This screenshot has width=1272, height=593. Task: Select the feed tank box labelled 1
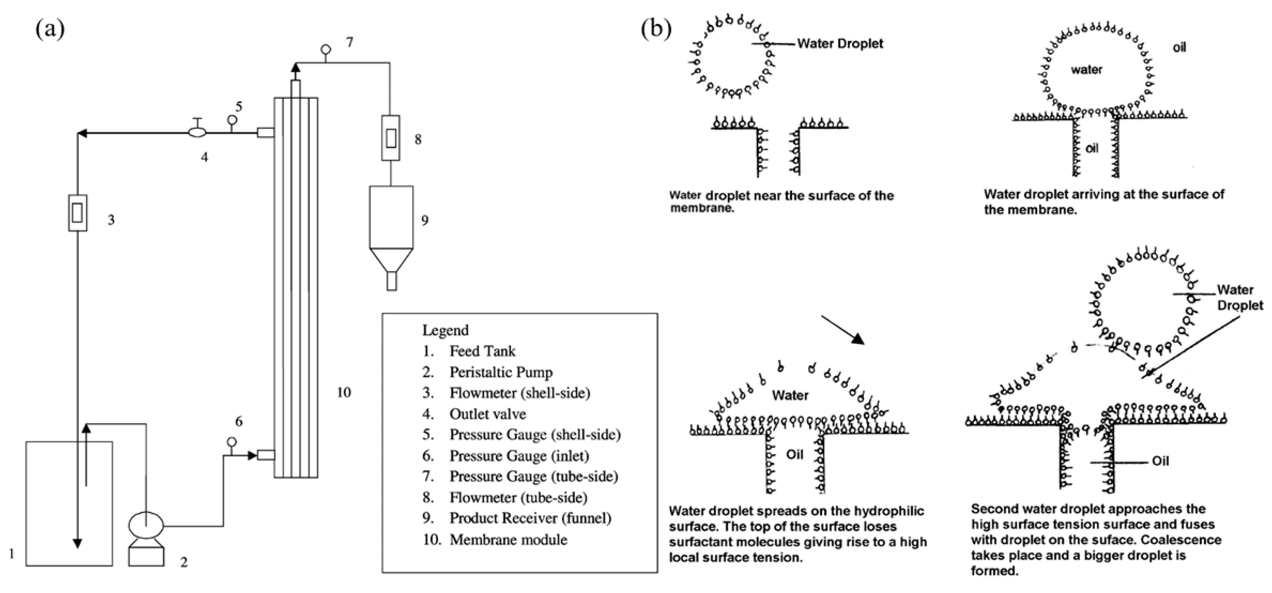click(69, 503)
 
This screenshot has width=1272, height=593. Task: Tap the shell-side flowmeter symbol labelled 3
click(78, 213)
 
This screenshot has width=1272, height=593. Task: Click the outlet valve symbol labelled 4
click(198, 132)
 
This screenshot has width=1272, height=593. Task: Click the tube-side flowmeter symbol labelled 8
click(391, 138)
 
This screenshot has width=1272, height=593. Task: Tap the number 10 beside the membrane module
click(344, 393)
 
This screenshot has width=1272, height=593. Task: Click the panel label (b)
click(656, 29)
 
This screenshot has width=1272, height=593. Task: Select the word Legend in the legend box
click(445, 330)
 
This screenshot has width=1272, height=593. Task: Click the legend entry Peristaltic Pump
click(501, 372)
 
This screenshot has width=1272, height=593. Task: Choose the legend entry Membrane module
click(508, 539)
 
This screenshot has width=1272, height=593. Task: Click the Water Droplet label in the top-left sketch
click(839, 43)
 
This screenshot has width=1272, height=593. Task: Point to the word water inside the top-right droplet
click(1086, 70)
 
